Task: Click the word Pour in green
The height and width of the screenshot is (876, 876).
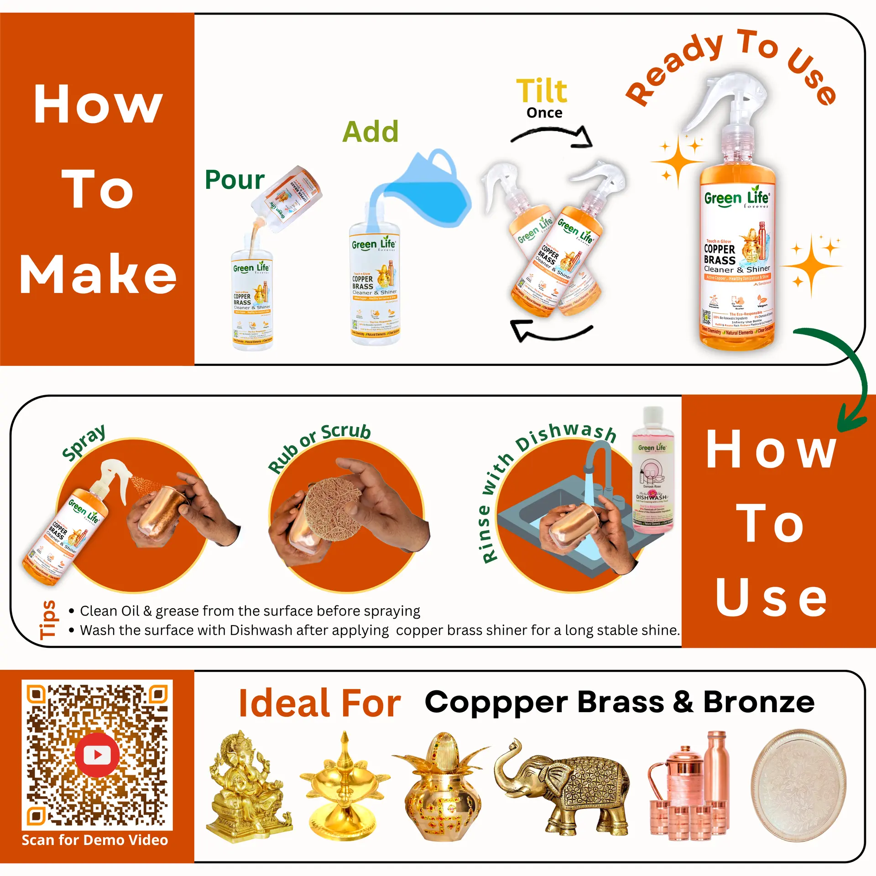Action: (x=235, y=180)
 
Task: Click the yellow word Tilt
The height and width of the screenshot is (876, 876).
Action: (x=542, y=91)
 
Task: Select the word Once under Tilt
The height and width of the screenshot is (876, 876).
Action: (x=544, y=113)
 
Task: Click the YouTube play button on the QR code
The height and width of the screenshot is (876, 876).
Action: (x=97, y=755)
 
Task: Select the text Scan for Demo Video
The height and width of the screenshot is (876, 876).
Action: (x=95, y=840)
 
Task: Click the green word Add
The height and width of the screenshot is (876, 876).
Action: (x=370, y=132)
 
